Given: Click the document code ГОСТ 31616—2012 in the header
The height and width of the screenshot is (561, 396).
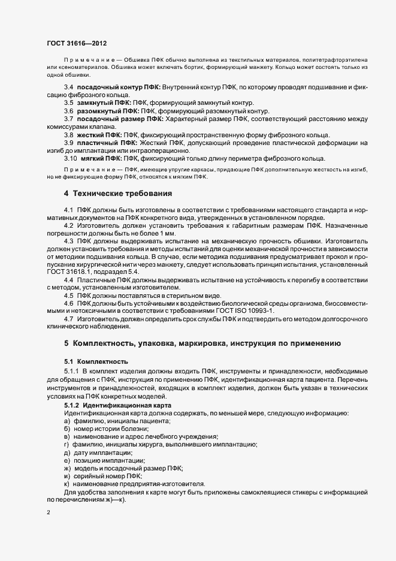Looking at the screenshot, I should pos(77,43).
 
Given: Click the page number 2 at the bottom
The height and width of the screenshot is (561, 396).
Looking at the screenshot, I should pos(49,512).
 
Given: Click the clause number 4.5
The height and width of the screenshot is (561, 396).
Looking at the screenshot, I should pos(69,295).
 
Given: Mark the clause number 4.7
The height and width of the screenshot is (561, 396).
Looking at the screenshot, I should pos(69,319).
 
